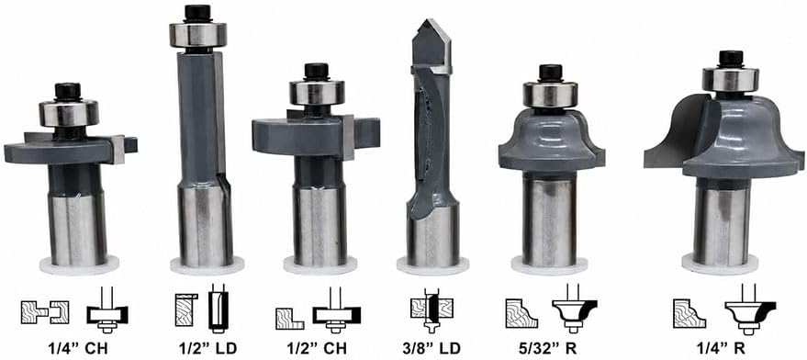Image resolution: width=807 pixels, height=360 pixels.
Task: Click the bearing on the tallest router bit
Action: click(198, 34)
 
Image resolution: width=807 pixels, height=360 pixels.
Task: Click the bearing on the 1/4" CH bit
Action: click(69, 113)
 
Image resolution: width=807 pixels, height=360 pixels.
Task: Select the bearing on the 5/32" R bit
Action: click(551, 95)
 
